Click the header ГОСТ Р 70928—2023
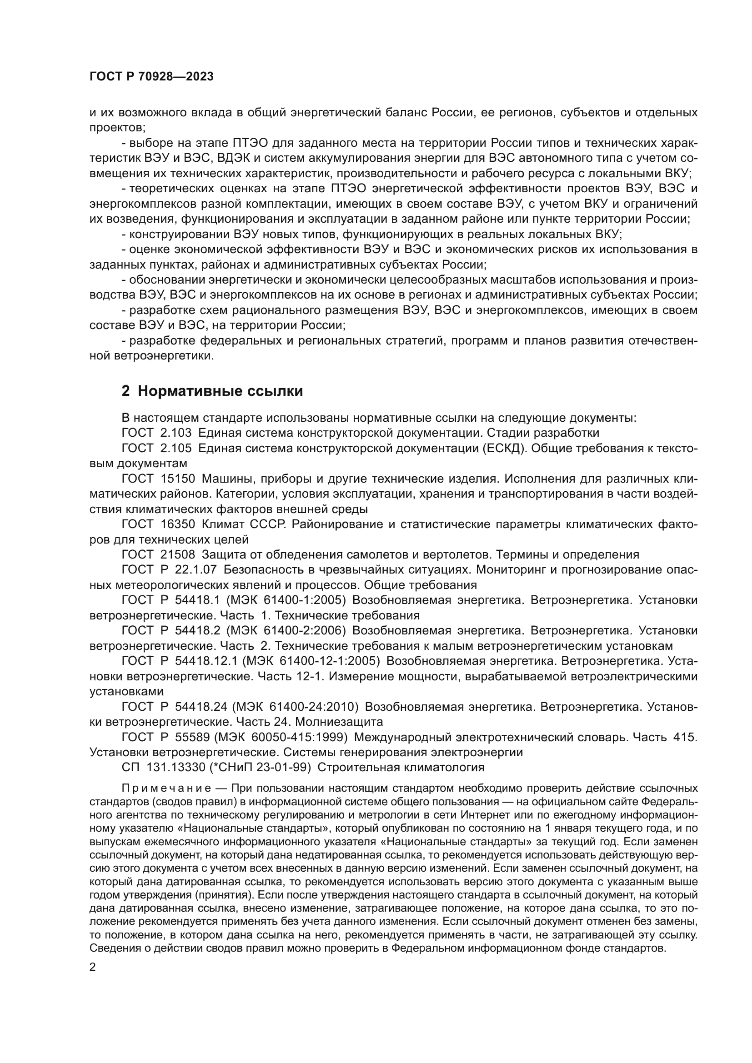(151, 77)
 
